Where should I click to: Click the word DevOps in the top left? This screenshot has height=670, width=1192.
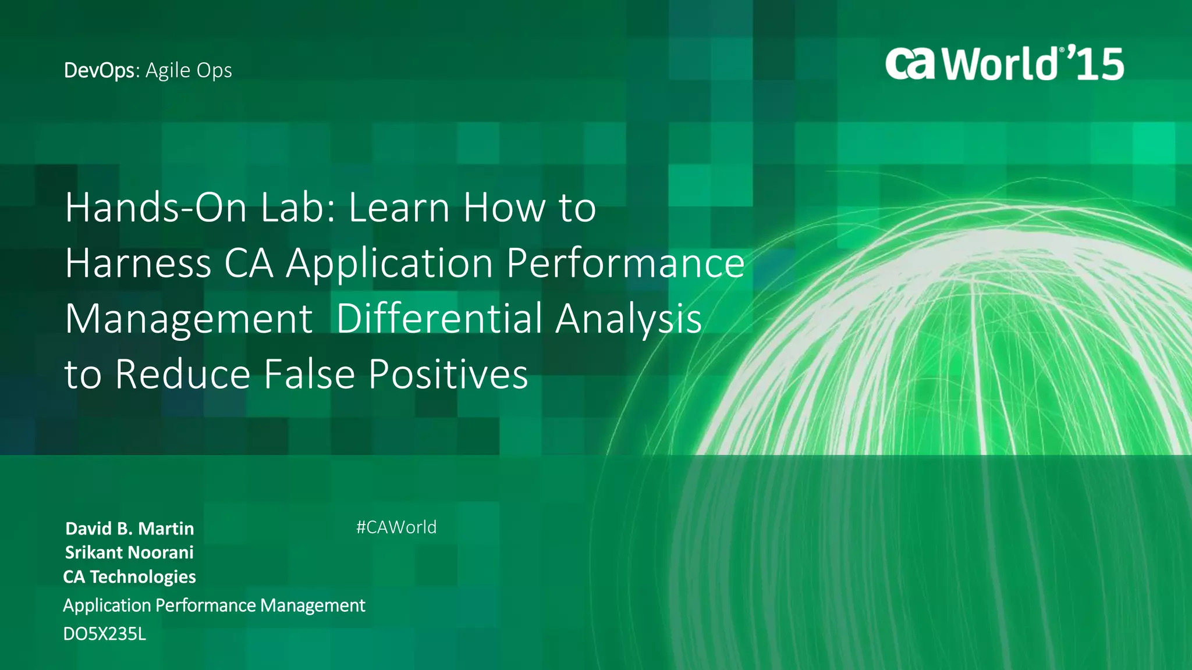(x=99, y=70)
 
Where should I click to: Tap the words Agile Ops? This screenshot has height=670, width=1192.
(x=189, y=70)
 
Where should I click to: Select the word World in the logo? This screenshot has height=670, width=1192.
(x=1000, y=63)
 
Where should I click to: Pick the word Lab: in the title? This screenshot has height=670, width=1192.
(x=297, y=208)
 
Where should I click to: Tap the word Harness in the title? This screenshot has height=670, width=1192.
(x=138, y=263)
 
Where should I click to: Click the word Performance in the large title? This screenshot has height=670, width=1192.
(x=625, y=263)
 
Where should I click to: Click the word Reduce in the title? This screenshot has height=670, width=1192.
(x=183, y=374)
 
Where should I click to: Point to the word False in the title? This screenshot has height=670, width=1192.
(x=309, y=374)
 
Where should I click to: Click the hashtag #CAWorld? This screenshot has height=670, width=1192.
(x=396, y=528)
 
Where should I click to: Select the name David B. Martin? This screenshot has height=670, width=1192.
(x=129, y=529)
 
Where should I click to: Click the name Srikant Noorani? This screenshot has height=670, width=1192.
(x=129, y=553)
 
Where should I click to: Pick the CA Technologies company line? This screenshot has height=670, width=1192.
(x=129, y=577)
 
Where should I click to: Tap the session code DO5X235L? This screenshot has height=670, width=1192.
(x=105, y=634)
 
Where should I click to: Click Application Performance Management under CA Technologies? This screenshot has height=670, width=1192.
(x=214, y=605)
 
